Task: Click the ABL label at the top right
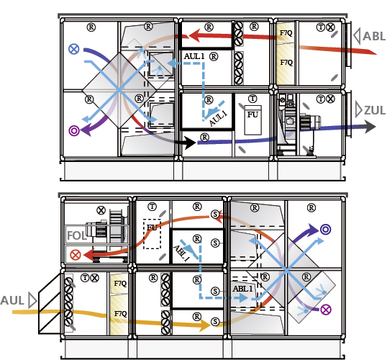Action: [374, 36]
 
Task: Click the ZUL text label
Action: [375, 110]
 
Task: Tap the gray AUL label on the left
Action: [12, 300]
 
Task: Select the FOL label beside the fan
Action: [77, 235]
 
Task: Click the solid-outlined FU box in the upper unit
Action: [252, 120]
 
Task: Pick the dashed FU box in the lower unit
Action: [152, 234]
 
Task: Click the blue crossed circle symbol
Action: [74, 49]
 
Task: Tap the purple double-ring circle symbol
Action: [74, 131]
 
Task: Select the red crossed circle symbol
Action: [76, 255]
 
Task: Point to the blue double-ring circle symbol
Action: [326, 230]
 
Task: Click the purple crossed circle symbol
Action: [326, 310]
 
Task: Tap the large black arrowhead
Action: [190, 143]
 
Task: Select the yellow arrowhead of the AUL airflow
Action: [204, 325]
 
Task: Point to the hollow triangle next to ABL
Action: [357, 36]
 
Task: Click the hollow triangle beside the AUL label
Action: [33, 300]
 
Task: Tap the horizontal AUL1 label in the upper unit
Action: [194, 57]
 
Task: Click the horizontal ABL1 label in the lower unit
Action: [243, 289]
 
